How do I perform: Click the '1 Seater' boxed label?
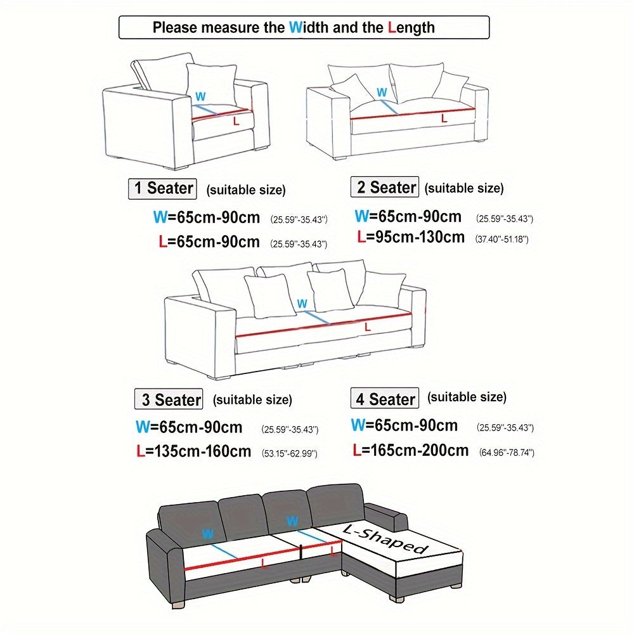(162, 189)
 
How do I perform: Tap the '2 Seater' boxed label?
(385, 187)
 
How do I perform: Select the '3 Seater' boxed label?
(169, 399)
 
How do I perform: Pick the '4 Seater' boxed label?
(385, 398)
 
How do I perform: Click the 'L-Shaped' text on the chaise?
(385, 538)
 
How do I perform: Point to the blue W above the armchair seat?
(200, 96)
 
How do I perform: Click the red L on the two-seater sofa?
(444, 118)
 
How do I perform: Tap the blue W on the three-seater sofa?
(302, 304)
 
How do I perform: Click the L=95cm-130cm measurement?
(411, 237)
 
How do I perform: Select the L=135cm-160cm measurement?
(193, 451)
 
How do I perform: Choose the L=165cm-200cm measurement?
(410, 450)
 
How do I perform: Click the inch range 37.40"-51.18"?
(501, 239)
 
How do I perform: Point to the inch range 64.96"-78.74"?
(507, 453)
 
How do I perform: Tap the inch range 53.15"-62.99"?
(290, 453)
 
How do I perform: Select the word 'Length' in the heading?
(411, 27)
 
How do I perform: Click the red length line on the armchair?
(221, 113)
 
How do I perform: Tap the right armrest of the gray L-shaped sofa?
(387, 516)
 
